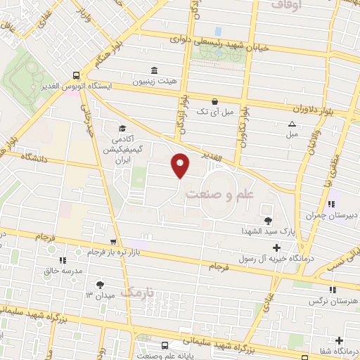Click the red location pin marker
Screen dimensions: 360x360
181,165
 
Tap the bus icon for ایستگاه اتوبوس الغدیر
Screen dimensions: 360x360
76,75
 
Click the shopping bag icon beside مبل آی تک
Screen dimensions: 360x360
214,101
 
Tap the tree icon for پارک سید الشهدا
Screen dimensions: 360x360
268,221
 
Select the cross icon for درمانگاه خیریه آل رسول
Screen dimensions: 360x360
276,247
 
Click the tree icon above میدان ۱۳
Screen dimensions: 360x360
100,284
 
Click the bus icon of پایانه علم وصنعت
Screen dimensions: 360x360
164,345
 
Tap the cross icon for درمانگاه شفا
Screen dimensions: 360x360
340,340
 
